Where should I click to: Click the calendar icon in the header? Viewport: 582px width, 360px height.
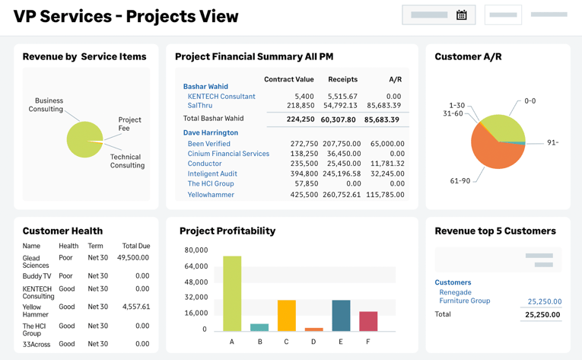461,14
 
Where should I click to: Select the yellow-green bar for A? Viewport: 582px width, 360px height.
232,293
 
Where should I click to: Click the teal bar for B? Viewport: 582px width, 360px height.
259,327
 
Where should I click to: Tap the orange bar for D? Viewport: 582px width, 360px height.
313,329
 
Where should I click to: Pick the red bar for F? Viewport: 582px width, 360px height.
368,320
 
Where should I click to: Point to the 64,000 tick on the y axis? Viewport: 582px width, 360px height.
196,266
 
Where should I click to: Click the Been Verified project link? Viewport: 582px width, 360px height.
209,143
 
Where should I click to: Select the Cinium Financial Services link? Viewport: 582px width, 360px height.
228,154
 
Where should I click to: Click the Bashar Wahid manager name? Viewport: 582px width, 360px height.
205,87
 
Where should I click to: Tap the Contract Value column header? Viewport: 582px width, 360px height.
289,79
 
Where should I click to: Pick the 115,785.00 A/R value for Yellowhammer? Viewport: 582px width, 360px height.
384,195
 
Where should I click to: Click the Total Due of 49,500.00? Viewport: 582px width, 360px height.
133,257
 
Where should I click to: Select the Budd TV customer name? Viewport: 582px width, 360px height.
37,276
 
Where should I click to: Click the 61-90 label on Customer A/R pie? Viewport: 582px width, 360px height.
460,180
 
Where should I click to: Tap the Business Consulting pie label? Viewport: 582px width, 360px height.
46,105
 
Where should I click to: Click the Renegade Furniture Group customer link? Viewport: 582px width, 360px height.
464,297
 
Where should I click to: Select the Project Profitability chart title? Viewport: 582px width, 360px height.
227,231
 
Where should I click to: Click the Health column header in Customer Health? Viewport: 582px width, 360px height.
68,246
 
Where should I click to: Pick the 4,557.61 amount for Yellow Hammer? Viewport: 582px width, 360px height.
136,307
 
